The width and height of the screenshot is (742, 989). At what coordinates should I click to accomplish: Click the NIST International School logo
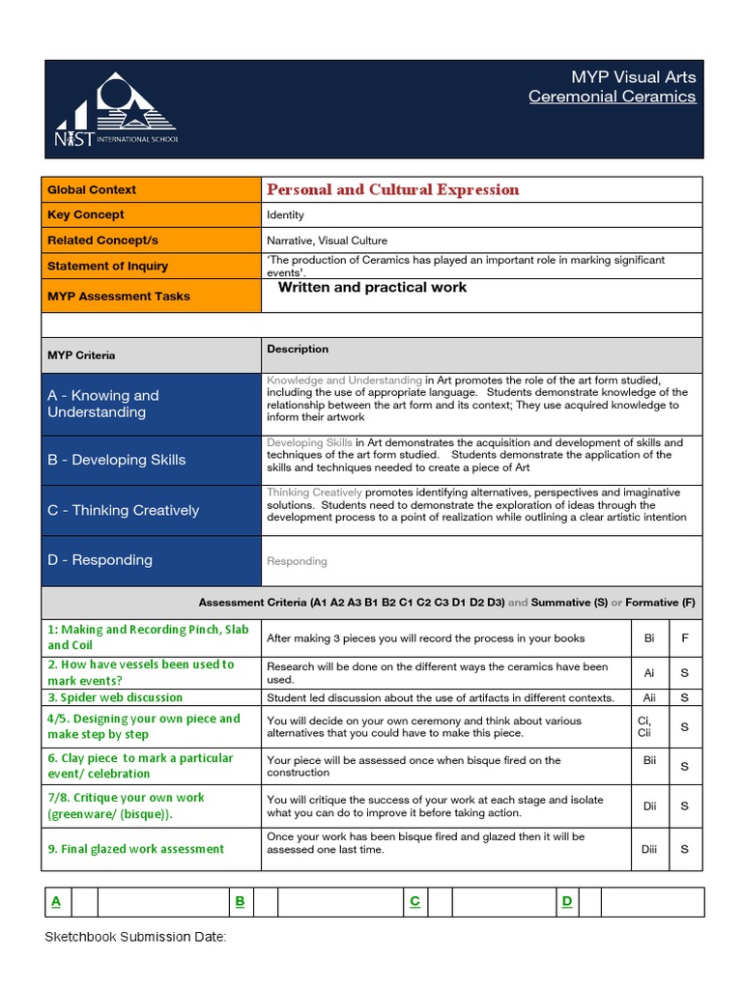pos(117,110)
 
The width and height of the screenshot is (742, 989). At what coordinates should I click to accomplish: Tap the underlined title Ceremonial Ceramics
pos(612,97)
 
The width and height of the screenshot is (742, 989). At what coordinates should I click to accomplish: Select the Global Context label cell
pos(151,190)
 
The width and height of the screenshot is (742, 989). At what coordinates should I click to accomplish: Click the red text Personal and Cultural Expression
pos(392,190)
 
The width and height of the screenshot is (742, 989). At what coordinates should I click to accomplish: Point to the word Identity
pos(285,215)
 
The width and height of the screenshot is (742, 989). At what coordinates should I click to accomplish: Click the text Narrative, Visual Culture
pos(327,240)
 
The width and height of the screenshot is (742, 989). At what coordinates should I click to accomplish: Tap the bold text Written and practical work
pos(372,288)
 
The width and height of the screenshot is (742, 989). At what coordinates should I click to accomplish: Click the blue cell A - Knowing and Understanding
pos(151,404)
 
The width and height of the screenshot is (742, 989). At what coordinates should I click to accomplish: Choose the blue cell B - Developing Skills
pos(151,460)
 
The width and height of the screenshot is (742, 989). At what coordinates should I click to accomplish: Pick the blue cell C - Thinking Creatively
pos(151,510)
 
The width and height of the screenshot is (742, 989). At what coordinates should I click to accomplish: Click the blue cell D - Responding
pos(151,560)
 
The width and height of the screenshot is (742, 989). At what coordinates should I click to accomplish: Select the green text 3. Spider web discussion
pos(115,697)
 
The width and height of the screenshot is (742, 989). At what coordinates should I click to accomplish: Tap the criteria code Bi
pos(649,638)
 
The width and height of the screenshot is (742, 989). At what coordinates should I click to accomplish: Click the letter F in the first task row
pos(685,638)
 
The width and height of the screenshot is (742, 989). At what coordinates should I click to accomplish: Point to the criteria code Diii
pos(649,850)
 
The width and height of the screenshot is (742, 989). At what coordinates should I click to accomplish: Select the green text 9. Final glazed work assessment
pos(135,850)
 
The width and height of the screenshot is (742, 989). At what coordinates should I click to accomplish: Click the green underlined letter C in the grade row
pos(414,902)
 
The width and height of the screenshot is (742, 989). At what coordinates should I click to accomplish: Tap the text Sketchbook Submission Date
pos(135,937)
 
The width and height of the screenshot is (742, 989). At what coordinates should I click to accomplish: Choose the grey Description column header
pos(298,350)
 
